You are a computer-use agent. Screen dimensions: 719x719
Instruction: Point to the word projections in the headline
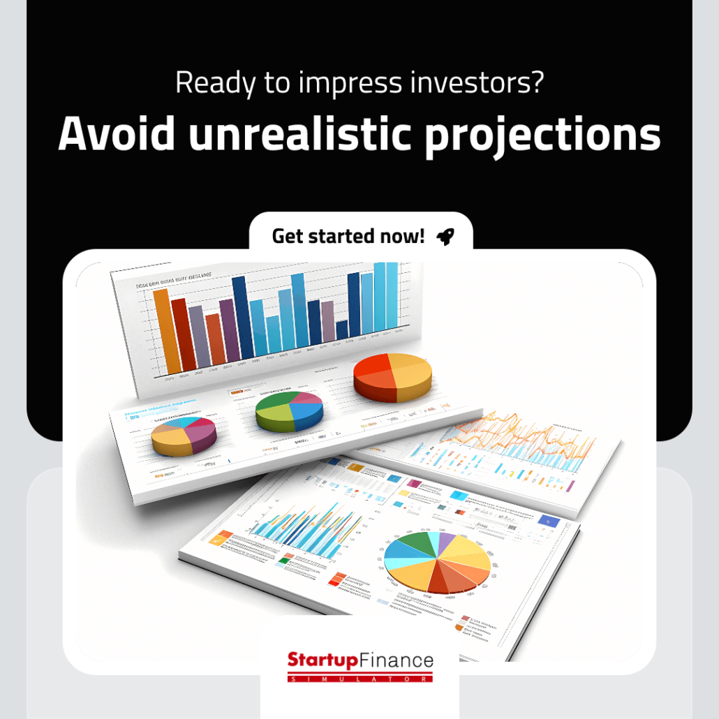(542, 134)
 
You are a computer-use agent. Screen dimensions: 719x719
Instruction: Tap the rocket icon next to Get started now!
(445, 237)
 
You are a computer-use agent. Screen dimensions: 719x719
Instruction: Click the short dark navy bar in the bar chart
(342, 330)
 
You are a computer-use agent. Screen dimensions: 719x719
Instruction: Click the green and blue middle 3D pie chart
(289, 410)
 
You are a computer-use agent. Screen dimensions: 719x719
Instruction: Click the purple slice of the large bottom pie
(447, 538)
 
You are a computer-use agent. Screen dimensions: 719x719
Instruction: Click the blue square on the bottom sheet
(549, 521)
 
